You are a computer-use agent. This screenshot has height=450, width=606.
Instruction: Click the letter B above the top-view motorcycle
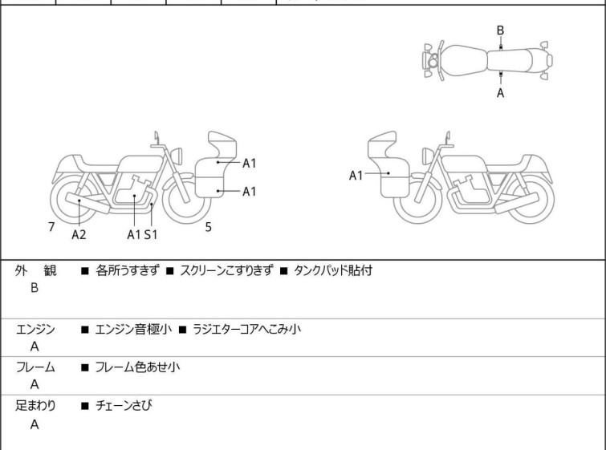pyautogui.click(x=500, y=30)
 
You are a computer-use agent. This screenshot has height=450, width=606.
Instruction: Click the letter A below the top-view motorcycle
pyautogui.click(x=500, y=93)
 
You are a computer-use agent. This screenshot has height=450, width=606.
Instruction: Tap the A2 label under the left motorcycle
pyautogui.click(x=79, y=234)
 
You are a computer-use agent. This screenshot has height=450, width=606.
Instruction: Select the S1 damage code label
pyautogui.click(x=151, y=234)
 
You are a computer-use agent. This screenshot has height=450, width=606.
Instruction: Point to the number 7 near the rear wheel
pyautogui.click(x=51, y=227)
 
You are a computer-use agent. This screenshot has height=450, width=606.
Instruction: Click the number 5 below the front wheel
pyautogui.click(x=208, y=227)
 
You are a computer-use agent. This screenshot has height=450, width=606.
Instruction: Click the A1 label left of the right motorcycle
pyautogui.click(x=356, y=176)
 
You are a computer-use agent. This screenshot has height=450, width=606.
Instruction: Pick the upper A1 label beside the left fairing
pyautogui.click(x=250, y=164)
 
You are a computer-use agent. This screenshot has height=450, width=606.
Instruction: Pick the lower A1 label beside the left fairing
pyautogui.click(x=250, y=191)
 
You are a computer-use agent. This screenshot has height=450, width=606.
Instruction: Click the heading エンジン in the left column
pyautogui.click(x=35, y=329)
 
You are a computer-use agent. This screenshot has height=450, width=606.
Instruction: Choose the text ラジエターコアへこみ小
pyautogui.click(x=246, y=329)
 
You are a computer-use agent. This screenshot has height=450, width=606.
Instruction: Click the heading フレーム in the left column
pyautogui.click(x=35, y=367)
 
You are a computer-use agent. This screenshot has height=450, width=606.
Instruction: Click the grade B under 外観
pyautogui.click(x=35, y=288)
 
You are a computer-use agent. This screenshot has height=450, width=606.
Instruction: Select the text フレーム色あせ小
pyautogui.click(x=137, y=367)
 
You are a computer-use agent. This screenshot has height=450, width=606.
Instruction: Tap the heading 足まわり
pyautogui.click(x=35, y=406)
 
